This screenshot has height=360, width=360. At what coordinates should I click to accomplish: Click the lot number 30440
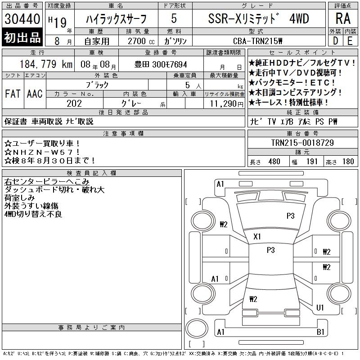coord(22,19)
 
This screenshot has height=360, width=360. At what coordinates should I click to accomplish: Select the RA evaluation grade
coord(343,18)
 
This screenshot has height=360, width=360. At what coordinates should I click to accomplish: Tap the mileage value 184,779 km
coord(46,64)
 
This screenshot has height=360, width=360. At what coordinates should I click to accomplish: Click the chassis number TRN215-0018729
coord(302,143)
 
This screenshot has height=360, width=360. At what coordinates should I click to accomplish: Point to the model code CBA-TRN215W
coord(257,41)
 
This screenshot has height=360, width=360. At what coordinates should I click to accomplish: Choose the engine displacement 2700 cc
coord(141,41)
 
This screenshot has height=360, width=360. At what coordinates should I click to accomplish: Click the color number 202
coord(74,103)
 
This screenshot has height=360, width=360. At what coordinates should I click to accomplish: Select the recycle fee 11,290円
coord(226,104)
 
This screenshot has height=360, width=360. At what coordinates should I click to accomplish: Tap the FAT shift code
coord(13,94)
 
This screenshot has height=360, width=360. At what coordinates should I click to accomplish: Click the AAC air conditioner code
coord(35,94)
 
